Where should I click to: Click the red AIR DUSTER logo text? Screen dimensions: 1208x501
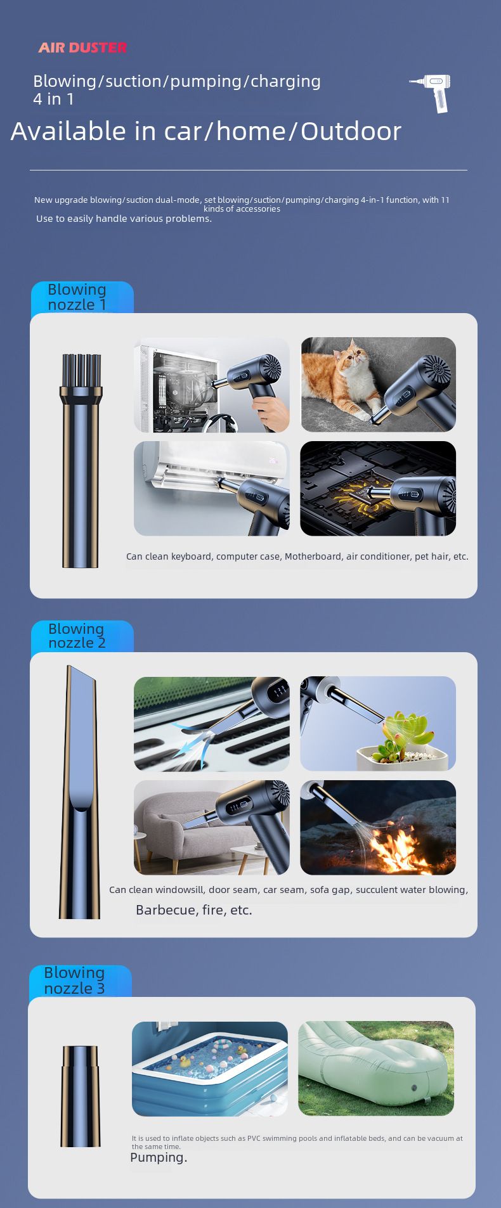click(82, 48)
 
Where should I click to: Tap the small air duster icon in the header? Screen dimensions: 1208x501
click(431, 93)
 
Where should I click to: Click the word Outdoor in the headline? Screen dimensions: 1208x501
click(351, 131)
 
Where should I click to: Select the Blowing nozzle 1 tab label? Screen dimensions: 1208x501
click(77, 297)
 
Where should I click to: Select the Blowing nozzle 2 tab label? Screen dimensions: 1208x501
click(77, 636)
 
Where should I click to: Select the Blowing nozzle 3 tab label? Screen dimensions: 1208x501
click(74, 980)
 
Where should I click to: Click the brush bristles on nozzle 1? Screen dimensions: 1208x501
click(81, 371)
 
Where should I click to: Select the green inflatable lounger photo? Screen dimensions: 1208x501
click(376, 1068)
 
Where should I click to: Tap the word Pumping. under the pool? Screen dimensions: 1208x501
click(159, 1157)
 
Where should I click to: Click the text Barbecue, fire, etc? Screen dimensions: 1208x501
click(194, 910)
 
